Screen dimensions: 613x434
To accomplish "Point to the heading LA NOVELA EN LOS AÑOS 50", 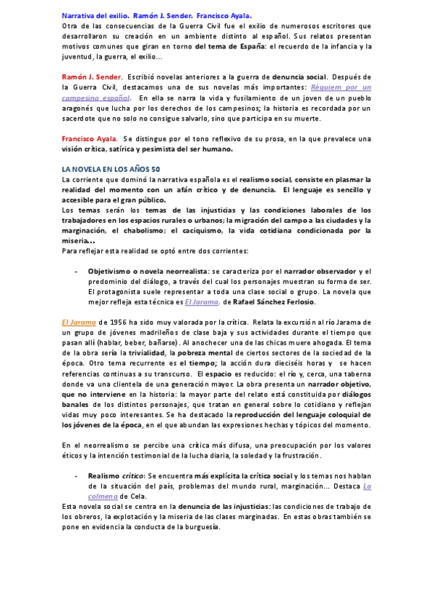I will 106,168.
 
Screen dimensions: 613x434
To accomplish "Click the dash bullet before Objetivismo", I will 77,270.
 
